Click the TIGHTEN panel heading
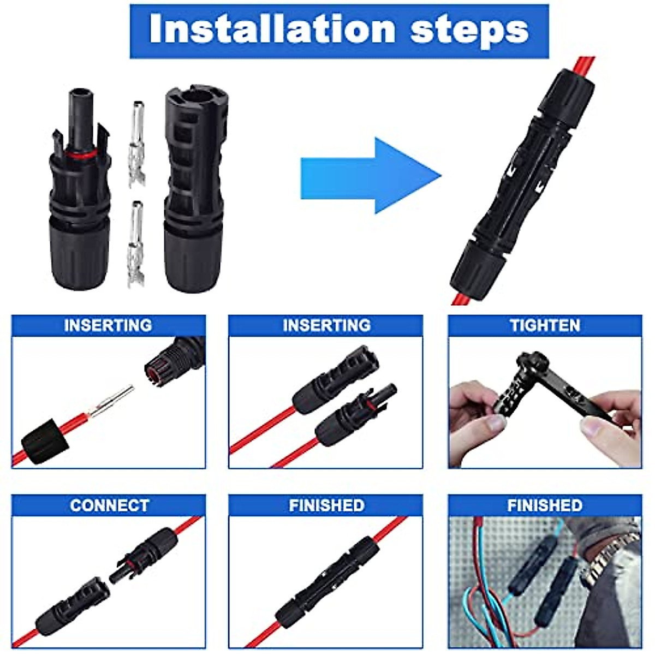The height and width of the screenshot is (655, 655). tap(544, 325)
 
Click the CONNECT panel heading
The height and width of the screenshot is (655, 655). tap(109, 505)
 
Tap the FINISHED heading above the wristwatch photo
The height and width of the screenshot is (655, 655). tap(544, 505)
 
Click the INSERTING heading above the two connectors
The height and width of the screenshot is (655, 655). tap(326, 325)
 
